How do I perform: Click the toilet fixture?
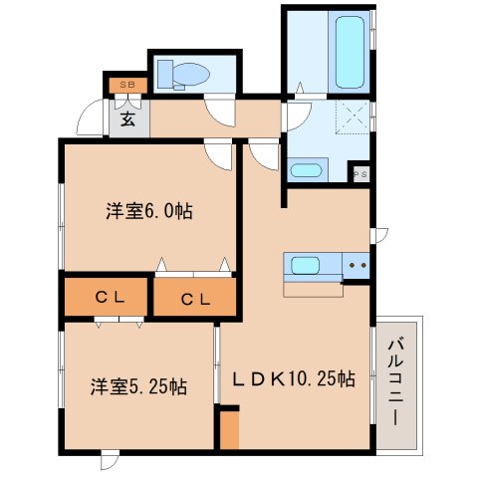[x=183, y=75]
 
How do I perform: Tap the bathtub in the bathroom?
[x=350, y=52]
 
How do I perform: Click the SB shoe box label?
[x=128, y=85]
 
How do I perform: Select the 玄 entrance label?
[x=127, y=119]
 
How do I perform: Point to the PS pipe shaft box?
[x=360, y=174]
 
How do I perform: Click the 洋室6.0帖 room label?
[x=149, y=210]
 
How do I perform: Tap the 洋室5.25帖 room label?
[x=138, y=386]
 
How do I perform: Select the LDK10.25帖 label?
[x=294, y=378]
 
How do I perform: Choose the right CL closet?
[x=195, y=297]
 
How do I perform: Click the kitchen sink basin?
[x=305, y=265]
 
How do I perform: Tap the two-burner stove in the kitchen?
[x=356, y=266]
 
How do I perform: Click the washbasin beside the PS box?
[x=306, y=171]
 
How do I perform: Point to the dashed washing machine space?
[x=353, y=117]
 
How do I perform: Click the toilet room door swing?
[x=219, y=113]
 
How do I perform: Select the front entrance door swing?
[x=91, y=118]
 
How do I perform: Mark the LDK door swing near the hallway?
[x=264, y=156]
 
